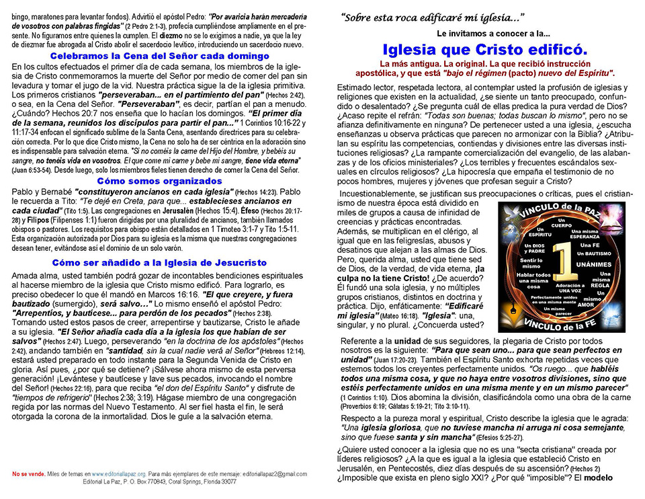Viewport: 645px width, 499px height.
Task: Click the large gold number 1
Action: pos(562,270)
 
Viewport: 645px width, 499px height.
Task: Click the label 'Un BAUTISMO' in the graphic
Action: pos(592,253)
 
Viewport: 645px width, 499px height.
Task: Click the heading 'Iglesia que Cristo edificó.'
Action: pos(484,49)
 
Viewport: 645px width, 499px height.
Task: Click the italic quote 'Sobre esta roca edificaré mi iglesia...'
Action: pos(432,17)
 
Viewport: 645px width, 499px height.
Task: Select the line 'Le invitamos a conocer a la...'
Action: pos(492,33)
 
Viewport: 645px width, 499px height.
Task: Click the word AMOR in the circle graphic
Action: pos(587,305)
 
